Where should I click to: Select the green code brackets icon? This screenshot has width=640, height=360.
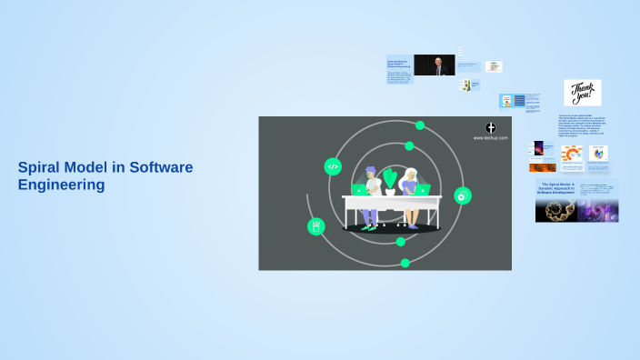(x=333, y=166)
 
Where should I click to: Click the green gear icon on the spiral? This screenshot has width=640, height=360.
(x=462, y=195)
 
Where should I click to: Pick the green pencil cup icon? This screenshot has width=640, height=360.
(x=316, y=226)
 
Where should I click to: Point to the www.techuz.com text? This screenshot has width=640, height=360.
(x=490, y=138)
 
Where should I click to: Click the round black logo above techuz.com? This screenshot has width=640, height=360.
(x=491, y=127)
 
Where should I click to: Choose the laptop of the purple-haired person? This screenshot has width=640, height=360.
(x=360, y=190)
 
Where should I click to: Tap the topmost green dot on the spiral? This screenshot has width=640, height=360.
(x=420, y=125)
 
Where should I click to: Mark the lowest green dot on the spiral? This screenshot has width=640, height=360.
(x=405, y=263)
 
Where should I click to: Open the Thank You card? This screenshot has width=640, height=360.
(x=582, y=93)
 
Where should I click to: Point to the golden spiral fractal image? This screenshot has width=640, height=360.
(x=557, y=211)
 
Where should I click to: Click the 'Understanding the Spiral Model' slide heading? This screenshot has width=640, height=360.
(x=399, y=63)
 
